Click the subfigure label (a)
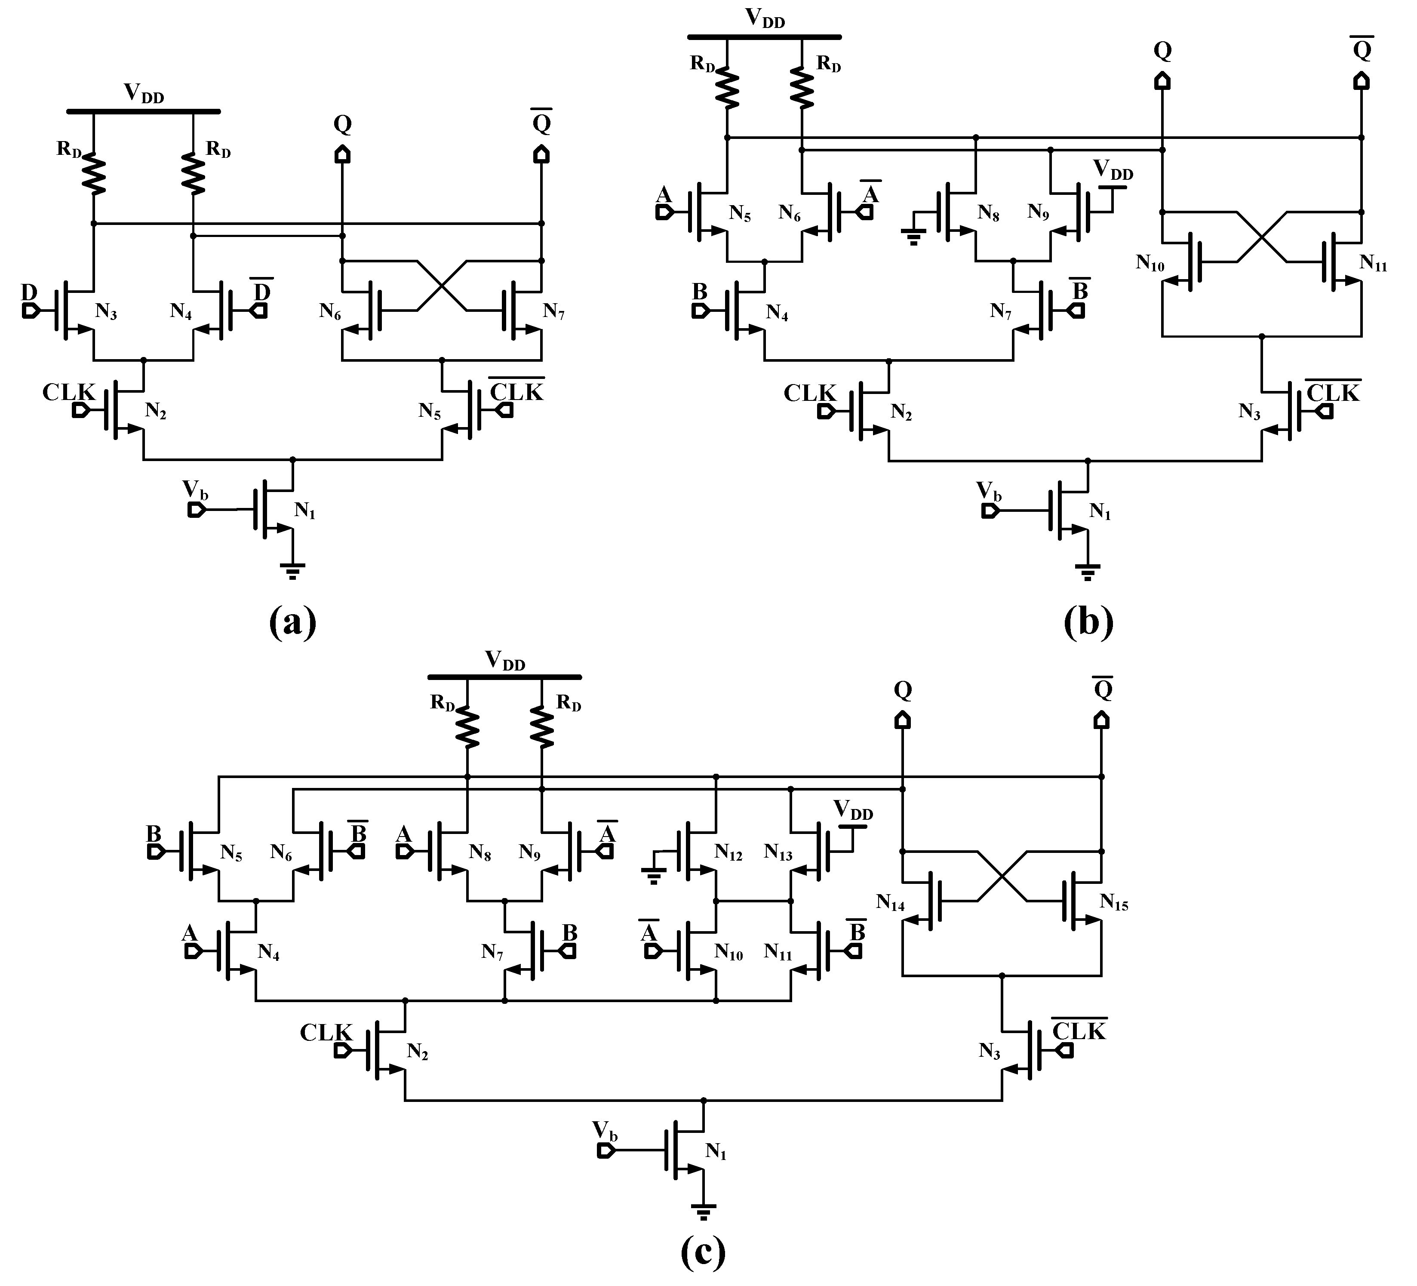coord(292,621)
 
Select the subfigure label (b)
coord(1088,621)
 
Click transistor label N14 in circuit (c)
coord(890,902)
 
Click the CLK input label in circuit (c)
coord(326,1032)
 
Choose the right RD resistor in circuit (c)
coord(542,727)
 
